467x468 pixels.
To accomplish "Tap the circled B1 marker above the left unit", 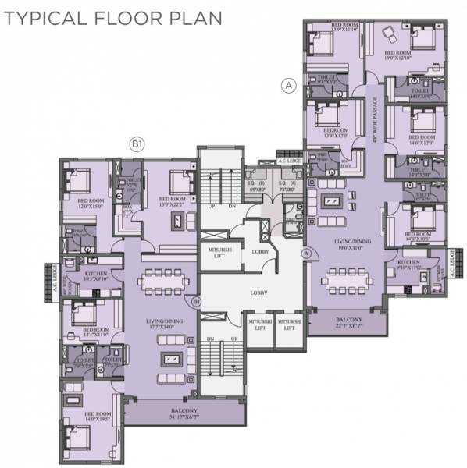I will click(137, 144).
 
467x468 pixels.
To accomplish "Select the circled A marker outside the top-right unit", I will click(289, 87).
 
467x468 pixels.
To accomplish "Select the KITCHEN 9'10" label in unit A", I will click(409, 265).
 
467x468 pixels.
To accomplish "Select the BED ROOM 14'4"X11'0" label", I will click(95, 332).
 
